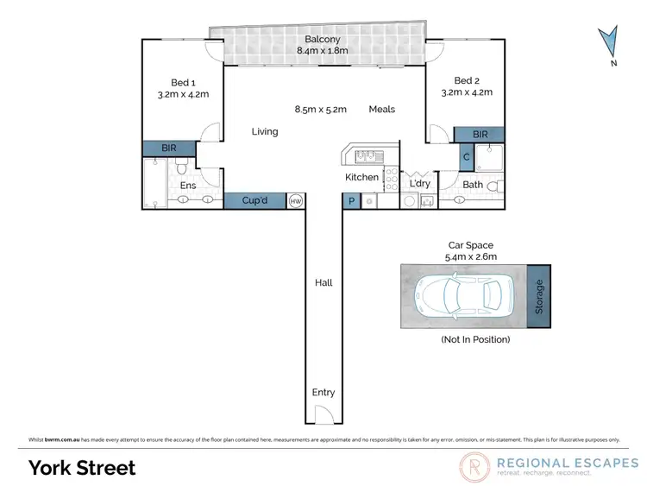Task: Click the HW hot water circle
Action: coord(295,200)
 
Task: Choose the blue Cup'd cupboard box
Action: coord(255,200)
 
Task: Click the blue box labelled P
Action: coord(351,200)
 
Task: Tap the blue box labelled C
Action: coord(466,157)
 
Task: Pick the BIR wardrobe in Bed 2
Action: coord(480,135)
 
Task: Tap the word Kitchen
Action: coord(361,178)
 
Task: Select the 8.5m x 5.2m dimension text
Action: coord(320,110)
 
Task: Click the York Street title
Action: coord(83,467)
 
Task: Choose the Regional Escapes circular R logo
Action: coord(474,467)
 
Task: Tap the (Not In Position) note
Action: coord(474,339)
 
